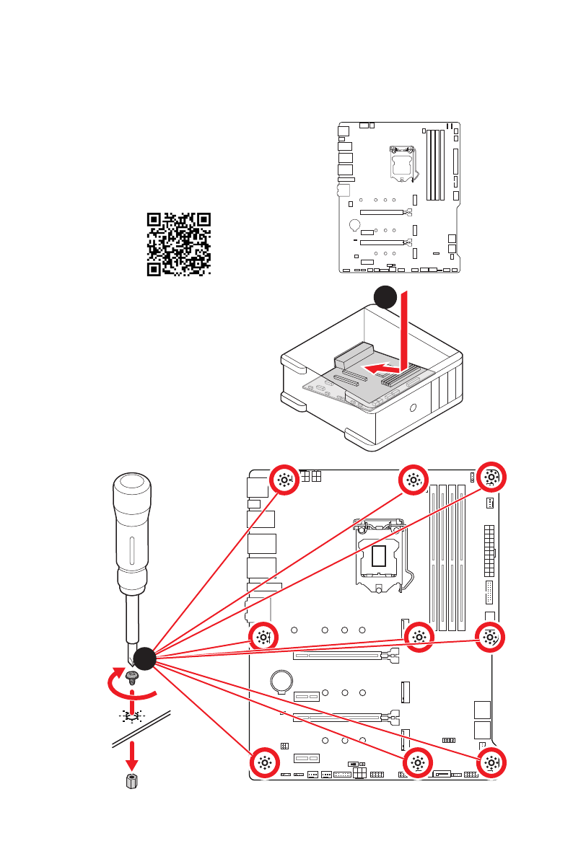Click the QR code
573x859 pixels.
(179, 244)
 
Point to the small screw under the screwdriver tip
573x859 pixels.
(132, 676)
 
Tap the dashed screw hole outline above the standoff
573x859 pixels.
(132, 717)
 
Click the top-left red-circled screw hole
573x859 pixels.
(284, 480)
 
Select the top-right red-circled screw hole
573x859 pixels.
(491, 477)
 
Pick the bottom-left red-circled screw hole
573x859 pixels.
(264, 764)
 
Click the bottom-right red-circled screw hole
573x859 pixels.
(491, 764)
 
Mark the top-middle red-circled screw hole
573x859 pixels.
(414, 479)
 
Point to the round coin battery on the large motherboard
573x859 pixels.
(281, 680)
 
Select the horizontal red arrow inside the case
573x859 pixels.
(380, 368)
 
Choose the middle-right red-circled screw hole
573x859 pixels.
(491, 637)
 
